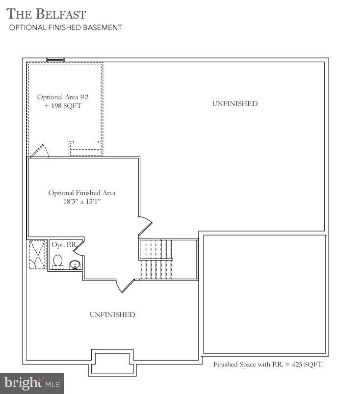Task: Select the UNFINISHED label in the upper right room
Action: [x=234, y=104]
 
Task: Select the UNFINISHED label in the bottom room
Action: [x=112, y=315]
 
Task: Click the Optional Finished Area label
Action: [x=82, y=193]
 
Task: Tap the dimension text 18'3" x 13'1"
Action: [x=82, y=202]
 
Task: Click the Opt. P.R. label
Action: [x=61, y=244]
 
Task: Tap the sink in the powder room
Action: [x=75, y=265]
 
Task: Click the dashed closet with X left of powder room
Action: [x=37, y=254]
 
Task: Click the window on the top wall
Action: [x=55, y=60]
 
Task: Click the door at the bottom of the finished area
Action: [x=125, y=285]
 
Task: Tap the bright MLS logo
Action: [x=32, y=381]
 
